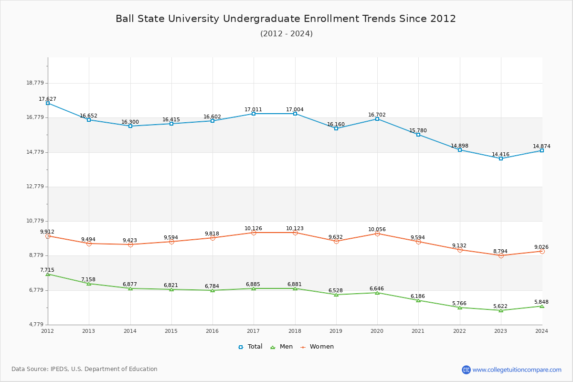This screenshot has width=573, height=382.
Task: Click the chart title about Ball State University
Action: (286, 19)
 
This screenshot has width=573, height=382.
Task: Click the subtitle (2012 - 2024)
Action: (286, 34)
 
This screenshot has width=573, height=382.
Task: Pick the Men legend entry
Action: (281, 347)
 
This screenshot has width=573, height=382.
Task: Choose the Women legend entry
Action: (317, 347)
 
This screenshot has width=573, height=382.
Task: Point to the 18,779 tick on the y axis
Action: (35, 83)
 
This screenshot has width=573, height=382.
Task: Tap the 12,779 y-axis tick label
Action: (35, 187)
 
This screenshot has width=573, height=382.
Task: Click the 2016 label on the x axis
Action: (212, 331)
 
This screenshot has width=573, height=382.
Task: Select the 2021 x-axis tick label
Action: (418, 331)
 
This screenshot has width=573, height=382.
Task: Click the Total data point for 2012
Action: (48, 103)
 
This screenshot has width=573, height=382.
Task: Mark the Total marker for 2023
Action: (501, 159)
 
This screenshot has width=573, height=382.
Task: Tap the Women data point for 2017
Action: (254, 233)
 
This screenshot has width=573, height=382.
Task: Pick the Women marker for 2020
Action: (377, 233)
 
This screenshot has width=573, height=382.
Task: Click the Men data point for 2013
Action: (89, 284)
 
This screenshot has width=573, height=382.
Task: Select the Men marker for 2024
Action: (542, 306)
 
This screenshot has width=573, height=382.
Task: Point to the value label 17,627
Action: (47, 99)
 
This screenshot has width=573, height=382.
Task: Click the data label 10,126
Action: (253, 228)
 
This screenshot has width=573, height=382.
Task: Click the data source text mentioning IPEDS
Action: (85, 369)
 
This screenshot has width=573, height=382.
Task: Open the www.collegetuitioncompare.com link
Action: (517, 370)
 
